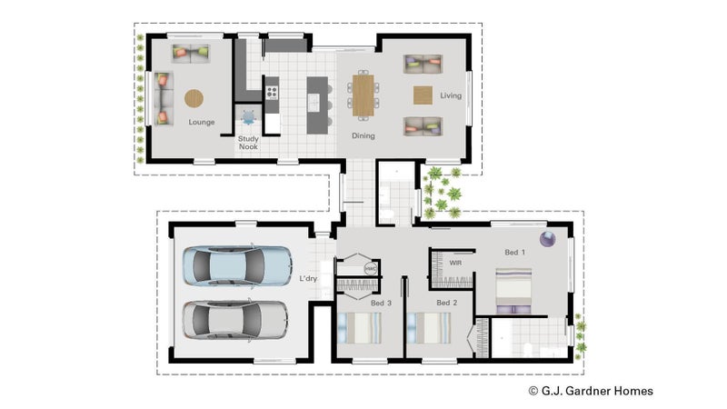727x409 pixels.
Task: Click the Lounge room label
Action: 201,122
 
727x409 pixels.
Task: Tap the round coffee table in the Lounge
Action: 194,98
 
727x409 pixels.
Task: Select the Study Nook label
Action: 248,143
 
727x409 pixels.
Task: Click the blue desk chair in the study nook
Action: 248,117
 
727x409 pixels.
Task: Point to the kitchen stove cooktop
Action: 272,93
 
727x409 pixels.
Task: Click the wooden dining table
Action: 363,95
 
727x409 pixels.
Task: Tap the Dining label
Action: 363,135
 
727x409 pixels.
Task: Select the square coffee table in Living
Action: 423,95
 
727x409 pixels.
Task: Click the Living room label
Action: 451,95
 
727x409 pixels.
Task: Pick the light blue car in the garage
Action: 237,265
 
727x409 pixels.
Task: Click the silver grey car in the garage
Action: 235,320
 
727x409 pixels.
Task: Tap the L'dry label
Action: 308,278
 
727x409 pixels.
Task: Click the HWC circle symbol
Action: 371,268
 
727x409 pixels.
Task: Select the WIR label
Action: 456,263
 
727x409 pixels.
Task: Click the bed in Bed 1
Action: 513,291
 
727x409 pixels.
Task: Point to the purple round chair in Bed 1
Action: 548,239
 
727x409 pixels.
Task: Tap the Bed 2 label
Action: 447,303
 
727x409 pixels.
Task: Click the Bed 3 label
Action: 381,304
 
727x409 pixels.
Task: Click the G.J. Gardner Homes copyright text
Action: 591,391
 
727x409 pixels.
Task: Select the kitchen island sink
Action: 314,102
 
